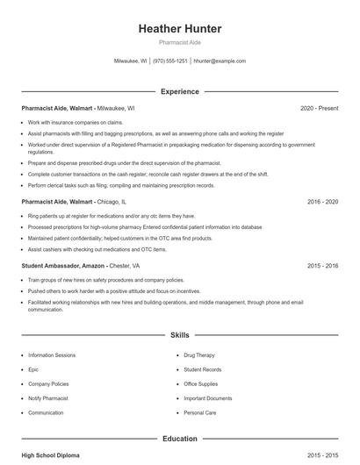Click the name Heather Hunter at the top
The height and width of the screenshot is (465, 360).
pyautogui.click(x=180, y=29)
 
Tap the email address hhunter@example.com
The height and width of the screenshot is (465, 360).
pyautogui.click(x=220, y=61)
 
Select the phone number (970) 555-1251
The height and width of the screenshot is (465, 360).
pyautogui.click(x=170, y=61)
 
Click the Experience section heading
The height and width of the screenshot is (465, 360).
pyautogui.click(x=180, y=91)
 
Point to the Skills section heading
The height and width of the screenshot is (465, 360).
pyautogui.click(x=180, y=335)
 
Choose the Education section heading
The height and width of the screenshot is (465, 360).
pyautogui.click(x=180, y=438)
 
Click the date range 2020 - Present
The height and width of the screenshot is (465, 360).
pyautogui.click(x=319, y=108)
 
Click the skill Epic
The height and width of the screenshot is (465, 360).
pyautogui.click(x=33, y=369)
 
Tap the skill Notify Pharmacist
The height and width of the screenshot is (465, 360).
pyautogui.click(x=47, y=398)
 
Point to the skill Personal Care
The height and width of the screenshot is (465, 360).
pyautogui.click(x=201, y=412)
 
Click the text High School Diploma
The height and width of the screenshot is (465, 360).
pyautogui.click(x=52, y=455)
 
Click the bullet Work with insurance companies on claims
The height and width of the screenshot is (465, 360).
pyautogui.click(x=76, y=122)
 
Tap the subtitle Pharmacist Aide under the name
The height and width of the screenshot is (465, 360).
pyautogui.click(x=180, y=43)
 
